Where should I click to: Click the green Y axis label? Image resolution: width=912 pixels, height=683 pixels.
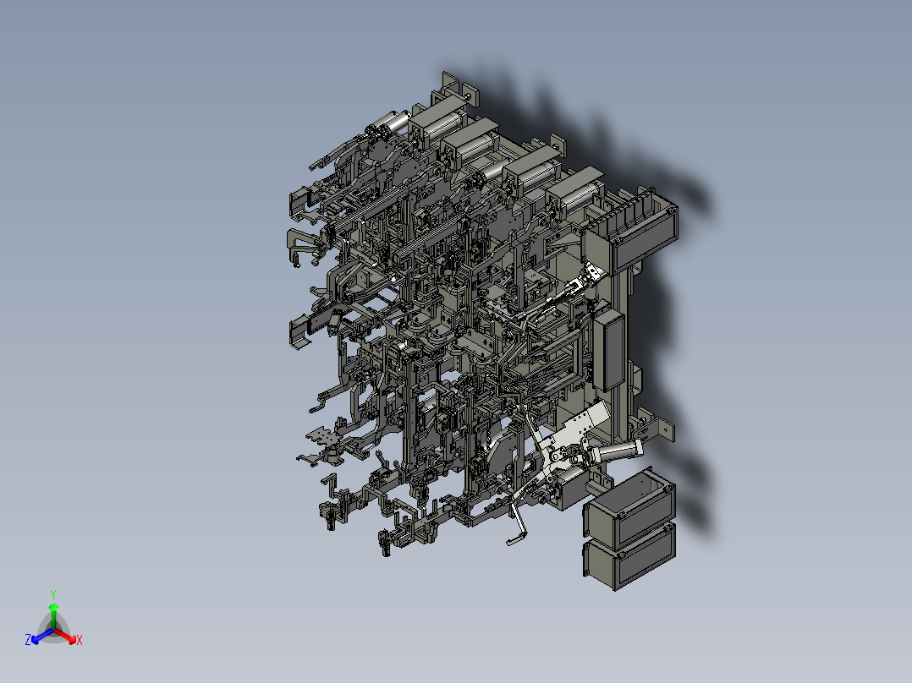coord(52,593)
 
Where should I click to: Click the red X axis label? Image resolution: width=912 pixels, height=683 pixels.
coord(80,641)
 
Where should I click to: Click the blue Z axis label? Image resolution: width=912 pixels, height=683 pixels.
coord(28,641)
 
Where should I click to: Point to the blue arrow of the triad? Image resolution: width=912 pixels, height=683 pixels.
coord(40,635)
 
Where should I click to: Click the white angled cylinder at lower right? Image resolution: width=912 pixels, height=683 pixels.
coord(622,452)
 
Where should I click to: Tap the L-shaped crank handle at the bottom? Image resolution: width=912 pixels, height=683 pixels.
coord(517,523)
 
